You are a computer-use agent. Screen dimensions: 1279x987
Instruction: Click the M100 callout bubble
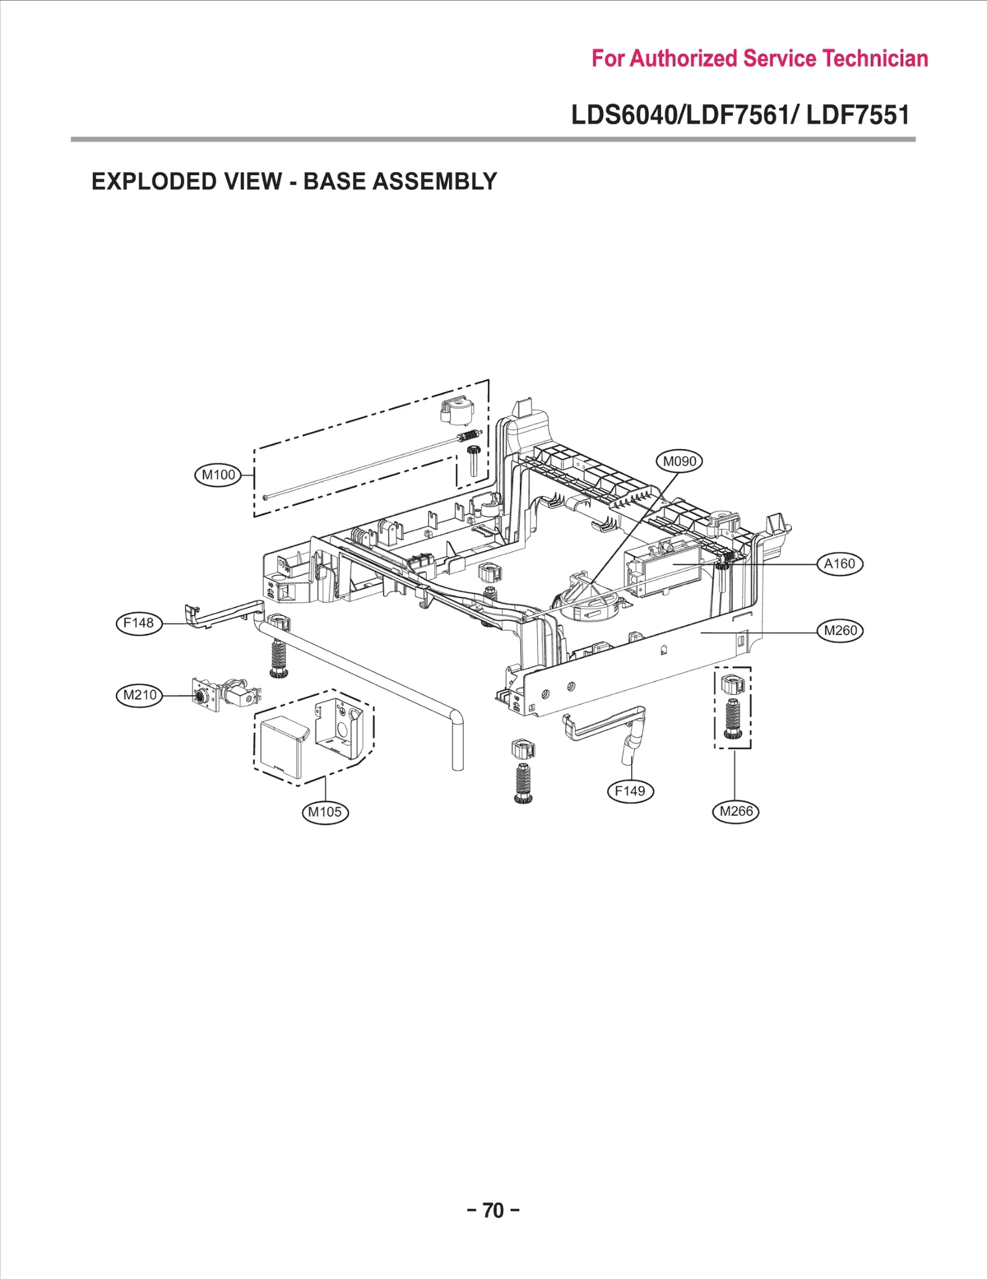[218, 475]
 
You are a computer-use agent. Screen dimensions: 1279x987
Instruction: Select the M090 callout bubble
[679, 461]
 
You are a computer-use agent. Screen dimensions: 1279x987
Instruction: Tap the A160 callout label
[840, 564]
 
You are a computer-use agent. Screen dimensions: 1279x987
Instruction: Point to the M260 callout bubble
[840, 630]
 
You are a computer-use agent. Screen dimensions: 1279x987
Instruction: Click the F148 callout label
[139, 623]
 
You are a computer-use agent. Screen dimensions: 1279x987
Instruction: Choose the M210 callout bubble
[140, 695]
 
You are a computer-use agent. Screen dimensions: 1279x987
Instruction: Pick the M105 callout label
[325, 812]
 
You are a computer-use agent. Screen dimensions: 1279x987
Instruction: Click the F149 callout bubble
[630, 791]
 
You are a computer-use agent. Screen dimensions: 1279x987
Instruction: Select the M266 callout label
[735, 811]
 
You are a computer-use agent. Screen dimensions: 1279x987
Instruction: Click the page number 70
[493, 1210]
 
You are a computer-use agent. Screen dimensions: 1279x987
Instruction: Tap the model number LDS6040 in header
[623, 115]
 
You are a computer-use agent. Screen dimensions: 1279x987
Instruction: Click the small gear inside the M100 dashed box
[473, 459]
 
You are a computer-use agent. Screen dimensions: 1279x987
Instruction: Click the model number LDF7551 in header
[857, 115]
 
